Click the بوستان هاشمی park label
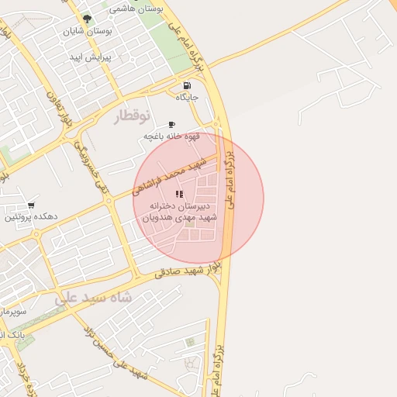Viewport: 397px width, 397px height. (136, 9)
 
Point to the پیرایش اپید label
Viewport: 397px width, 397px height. (91, 57)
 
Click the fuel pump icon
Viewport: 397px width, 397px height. (187, 85)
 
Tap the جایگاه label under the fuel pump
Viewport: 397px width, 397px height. (188, 98)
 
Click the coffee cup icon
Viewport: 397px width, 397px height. (171, 124)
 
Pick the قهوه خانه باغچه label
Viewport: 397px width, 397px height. (171, 136)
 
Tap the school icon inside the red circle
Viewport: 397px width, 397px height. (179, 195)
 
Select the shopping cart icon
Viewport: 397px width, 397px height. (30, 205)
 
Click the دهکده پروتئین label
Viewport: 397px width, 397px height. (27, 218)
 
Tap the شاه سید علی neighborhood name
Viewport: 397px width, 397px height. (94, 297)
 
